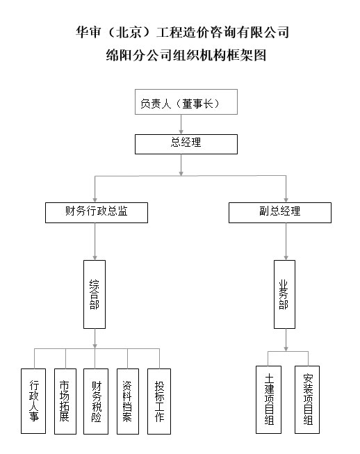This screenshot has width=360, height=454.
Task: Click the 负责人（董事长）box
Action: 186,102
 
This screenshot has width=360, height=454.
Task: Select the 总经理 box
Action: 186,144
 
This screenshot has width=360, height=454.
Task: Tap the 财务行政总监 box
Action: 97,213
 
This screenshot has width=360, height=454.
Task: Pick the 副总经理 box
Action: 280,213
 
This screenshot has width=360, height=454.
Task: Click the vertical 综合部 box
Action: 95,294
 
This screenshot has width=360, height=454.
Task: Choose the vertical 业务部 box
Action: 284,294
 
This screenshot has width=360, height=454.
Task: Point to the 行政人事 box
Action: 33,401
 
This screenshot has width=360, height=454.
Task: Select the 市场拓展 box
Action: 65,401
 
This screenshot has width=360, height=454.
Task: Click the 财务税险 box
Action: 96,401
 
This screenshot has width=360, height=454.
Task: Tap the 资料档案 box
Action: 128,401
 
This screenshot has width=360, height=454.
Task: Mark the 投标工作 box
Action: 159,401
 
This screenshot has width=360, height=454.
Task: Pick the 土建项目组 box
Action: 268,400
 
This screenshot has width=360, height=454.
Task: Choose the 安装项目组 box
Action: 307,400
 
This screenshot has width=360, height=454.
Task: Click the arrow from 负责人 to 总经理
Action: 181,124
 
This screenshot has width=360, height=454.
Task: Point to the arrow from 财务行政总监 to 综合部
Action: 95,241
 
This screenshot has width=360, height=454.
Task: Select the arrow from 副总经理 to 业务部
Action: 286,241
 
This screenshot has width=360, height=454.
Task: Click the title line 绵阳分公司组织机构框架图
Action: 186,55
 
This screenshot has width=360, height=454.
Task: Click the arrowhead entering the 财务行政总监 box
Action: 95,200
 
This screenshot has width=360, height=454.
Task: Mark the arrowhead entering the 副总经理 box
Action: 286,200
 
